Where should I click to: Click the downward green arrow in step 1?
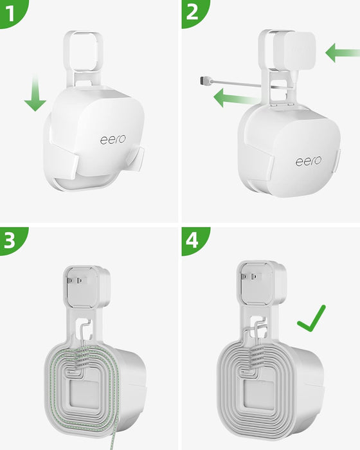[35, 95]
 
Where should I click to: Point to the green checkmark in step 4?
[312, 319]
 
